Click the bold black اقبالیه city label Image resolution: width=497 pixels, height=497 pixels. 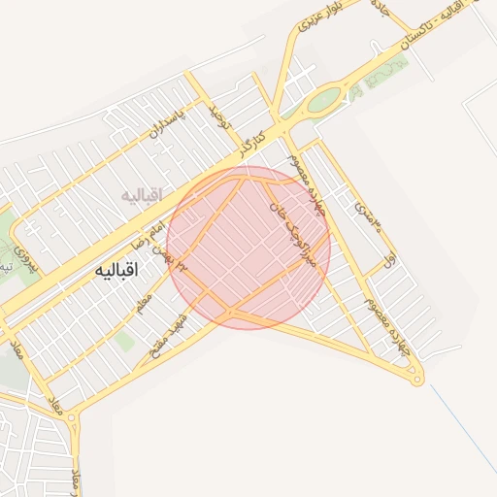116,271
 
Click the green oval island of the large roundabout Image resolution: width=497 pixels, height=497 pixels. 324,98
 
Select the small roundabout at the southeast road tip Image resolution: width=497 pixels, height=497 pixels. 417,380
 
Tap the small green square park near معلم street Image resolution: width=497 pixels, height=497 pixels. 124,342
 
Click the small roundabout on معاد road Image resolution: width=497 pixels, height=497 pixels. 75,419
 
